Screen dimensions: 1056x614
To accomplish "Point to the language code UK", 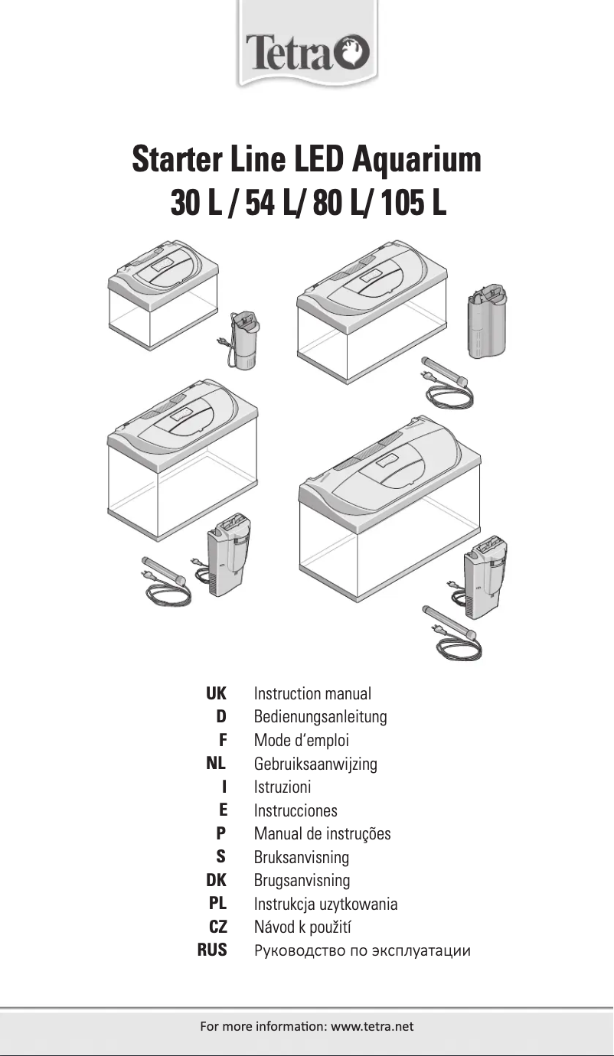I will [x=216, y=694].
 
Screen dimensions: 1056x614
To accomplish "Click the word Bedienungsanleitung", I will [x=320, y=717].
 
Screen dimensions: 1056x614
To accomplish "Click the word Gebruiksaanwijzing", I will [x=315, y=764].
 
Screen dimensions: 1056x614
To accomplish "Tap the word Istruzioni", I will [x=282, y=787].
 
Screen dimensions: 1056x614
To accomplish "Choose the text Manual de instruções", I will [x=322, y=833].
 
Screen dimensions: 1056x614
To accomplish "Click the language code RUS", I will [x=212, y=950].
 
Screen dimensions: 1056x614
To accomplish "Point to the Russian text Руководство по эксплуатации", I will [x=361, y=951].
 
